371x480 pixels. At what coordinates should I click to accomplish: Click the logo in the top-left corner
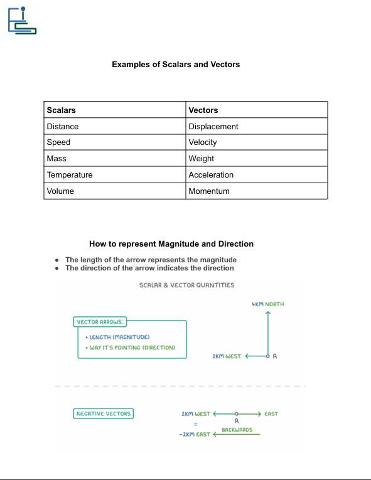22,20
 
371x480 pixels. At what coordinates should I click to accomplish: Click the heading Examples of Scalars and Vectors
176,64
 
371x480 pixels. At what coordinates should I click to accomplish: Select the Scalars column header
62,110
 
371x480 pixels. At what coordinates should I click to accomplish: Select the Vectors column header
203,110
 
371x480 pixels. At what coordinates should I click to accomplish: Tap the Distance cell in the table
63,126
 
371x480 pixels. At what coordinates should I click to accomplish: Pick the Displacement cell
213,126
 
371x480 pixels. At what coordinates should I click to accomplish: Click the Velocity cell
203,142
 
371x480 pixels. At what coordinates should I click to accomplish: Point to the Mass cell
56,159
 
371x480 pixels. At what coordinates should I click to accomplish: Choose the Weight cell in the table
202,159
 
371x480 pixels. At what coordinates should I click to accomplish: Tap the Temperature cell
70,175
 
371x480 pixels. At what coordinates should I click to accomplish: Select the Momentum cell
209,191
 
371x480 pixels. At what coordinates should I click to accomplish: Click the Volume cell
60,191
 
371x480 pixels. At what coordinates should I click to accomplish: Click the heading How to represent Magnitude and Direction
171,243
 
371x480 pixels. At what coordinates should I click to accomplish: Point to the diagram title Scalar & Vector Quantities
186,285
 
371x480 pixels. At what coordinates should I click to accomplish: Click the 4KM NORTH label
268,304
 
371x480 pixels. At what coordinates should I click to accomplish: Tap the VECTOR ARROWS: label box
100,322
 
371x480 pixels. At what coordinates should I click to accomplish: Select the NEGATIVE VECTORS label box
104,413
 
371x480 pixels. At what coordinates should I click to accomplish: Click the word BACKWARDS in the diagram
237,430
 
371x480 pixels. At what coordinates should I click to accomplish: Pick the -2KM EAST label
195,434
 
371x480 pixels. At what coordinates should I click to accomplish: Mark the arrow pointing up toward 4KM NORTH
268,333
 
